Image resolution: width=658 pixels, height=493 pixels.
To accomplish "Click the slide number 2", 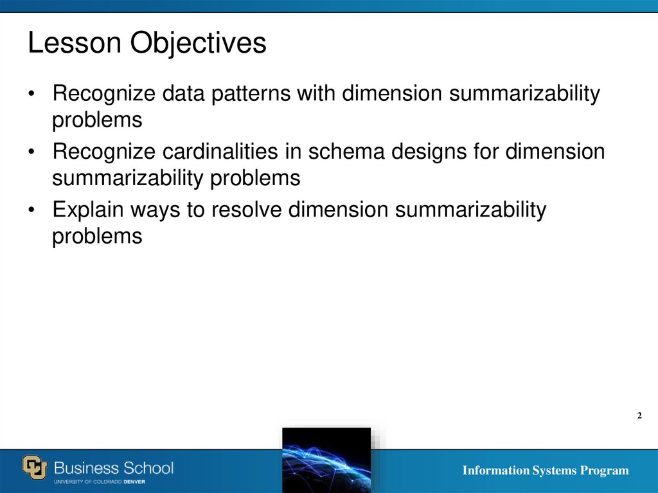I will tap(639, 416).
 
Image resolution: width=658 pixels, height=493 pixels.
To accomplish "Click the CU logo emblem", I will tap(36, 467).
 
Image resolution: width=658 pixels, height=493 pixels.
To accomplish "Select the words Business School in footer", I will tap(114, 467).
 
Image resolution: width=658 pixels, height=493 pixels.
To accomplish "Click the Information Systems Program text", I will tap(546, 471).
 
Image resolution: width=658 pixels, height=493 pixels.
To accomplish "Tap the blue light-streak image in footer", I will tap(326, 460).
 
